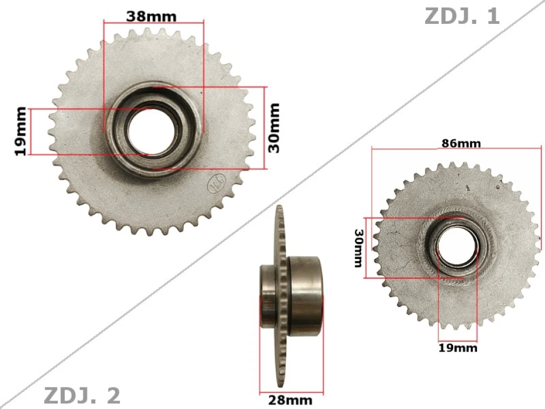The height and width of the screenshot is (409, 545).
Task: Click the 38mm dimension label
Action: [151, 16]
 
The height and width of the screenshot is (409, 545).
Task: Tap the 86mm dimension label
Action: [461, 143]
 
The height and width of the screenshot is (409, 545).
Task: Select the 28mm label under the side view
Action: [290, 400]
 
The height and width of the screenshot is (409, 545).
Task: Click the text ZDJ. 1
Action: [462, 16]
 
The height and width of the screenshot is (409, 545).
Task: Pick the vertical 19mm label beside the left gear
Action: [20, 131]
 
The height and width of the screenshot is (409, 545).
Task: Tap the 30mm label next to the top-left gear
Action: [274, 127]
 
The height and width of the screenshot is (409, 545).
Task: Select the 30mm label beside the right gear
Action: [358, 248]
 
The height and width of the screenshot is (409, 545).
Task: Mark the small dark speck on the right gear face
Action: [467, 187]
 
